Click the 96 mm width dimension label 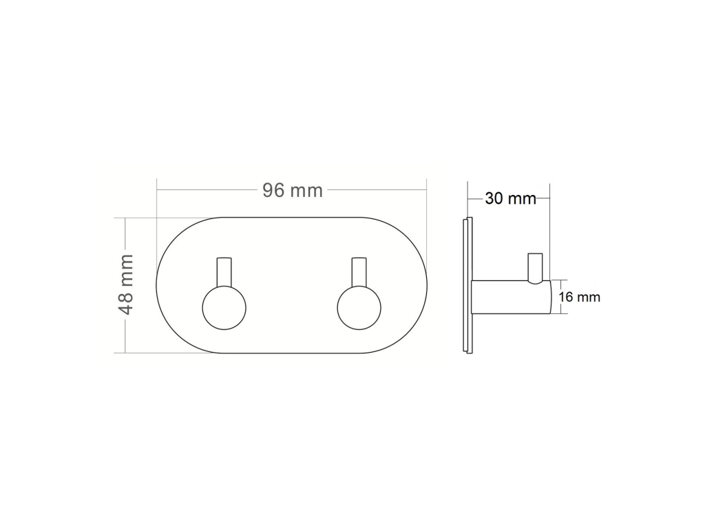293,190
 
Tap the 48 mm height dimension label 126,284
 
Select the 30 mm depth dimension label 510,198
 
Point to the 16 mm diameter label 580,297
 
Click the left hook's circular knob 224,308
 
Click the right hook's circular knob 359,308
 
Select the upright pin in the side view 534,269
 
